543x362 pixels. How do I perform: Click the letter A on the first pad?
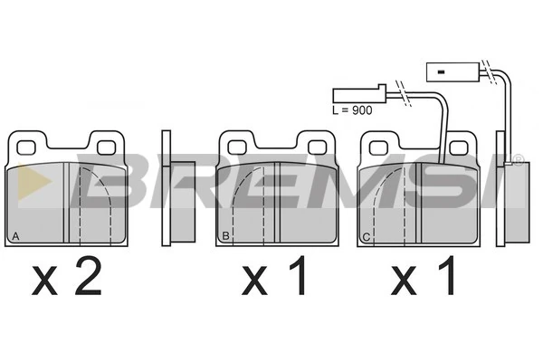click(15, 236)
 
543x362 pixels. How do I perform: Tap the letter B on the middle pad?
click(225, 236)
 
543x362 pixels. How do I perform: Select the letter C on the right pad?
click(367, 237)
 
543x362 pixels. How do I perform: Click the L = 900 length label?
click(352, 110)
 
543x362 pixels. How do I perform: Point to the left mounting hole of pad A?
click(26, 148)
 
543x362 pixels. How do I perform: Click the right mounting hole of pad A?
click(106, 148)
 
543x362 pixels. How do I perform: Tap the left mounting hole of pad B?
click(237, 148)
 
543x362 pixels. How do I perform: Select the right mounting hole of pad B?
click(317, 148)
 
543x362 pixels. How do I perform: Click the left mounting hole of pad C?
click(378, 148)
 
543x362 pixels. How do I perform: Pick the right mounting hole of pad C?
click(459, 148)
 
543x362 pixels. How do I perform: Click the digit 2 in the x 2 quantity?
click(89, 276)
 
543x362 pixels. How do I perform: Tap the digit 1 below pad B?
click(299, 276)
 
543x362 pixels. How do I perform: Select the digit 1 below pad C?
click(447, 276)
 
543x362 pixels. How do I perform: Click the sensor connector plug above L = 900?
click(359, 94)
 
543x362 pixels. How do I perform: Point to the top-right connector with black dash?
click(452, 72)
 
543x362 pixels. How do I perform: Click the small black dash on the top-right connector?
click(441, 72)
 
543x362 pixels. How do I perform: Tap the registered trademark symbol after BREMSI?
click(518, 160)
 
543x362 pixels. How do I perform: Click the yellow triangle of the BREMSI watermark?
click(33, 182)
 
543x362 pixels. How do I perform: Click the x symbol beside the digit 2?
click(44, 281)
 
